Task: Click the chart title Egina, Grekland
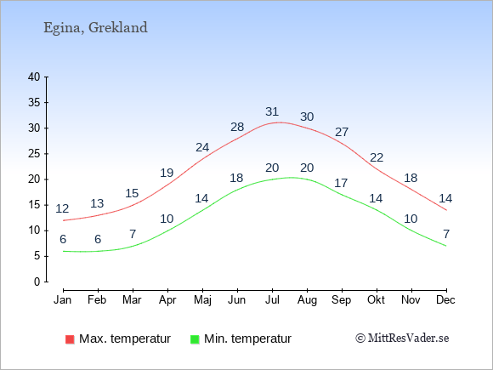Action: [x=95, y=28]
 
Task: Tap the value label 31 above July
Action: [x=272, y=111]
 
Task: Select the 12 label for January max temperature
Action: [x=62, y=208]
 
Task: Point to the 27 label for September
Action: [x=342, y=132]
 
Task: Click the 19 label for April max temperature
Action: [x=167, y=173]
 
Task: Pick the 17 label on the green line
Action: [x=341, y=183]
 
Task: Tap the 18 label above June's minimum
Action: [x=236, y=178]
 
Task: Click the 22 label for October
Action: [x=377, y=157]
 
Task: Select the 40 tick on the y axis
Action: [x=34, y=77]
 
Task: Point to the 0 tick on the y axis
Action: [x=37, y=282]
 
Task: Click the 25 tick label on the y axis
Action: [x=34, y=154]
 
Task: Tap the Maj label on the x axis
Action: [x=202, y=300]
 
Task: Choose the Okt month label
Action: [x=376, y=300]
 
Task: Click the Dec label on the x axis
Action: [x=445, y=300]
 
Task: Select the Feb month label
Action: [x=97, y=300]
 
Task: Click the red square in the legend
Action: [x=70, y=339]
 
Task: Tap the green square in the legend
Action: [x=195, y=339]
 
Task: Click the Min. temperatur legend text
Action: [x=247, y=339]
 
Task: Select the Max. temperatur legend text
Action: [x=125, y=339]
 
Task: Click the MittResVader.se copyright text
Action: [x=402, y=339]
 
